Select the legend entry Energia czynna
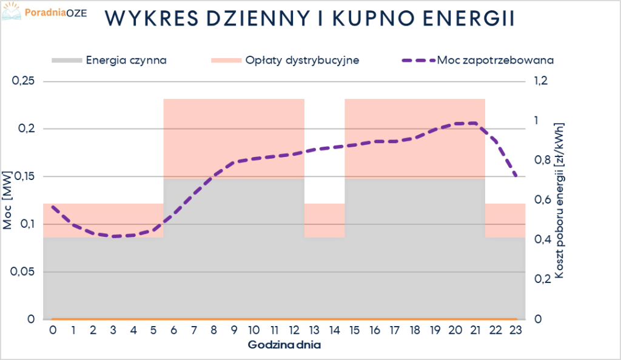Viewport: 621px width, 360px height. (126, 61)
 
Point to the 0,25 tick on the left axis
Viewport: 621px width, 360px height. (24, 81)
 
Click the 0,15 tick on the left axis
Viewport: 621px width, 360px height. (24, 176)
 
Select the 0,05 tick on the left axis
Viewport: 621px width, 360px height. (24, 272)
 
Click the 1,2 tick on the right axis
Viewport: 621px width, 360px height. (540, 81)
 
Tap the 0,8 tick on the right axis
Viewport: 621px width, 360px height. (540, 161)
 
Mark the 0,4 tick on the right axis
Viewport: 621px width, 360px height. (540, 240)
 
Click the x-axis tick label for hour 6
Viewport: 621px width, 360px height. (174, 330)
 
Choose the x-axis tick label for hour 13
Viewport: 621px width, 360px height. (314, 330)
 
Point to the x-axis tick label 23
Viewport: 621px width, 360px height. (515, 330)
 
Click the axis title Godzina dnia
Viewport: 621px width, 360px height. (284, 345)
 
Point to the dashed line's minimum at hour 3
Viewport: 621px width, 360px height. (114, 236)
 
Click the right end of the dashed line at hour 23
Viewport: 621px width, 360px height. (515, 176)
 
